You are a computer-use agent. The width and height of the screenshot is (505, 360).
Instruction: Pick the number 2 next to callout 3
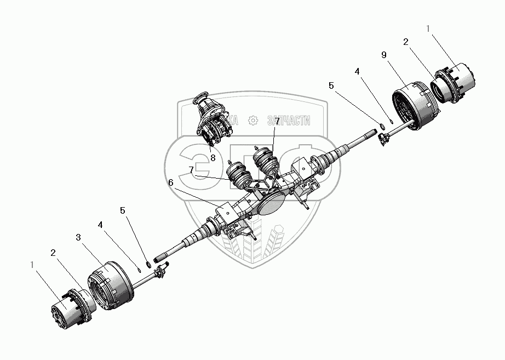point(53,253)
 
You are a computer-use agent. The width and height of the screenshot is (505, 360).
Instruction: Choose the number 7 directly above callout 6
point(191,170)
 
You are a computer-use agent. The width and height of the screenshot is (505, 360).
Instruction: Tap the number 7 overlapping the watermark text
point(277,121)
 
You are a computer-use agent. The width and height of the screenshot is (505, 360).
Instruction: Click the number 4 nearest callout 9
point(358,71)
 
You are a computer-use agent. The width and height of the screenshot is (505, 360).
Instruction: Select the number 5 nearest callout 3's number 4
point(123,210)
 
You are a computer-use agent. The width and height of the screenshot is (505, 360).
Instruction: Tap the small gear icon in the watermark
point(253,121)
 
